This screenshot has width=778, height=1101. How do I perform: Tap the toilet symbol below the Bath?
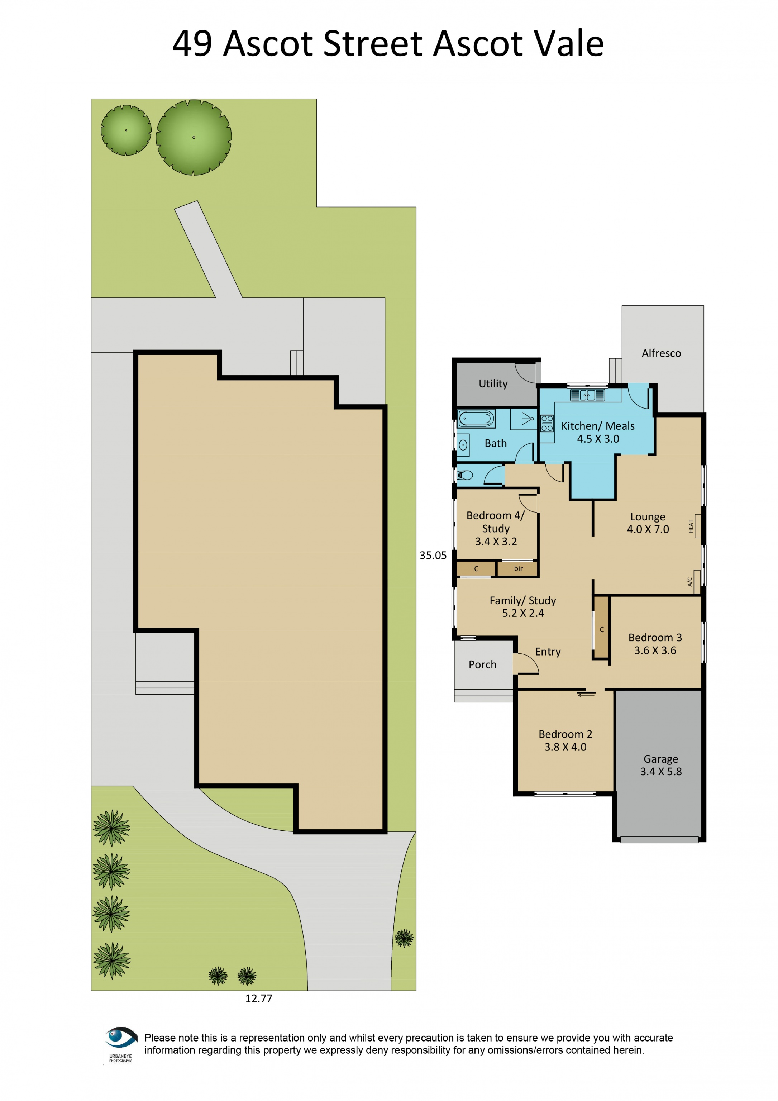tap(465, 475)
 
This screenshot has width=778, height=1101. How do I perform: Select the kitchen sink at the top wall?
tap(587, 395)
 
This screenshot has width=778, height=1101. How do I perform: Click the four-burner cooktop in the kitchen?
tap(547, 423)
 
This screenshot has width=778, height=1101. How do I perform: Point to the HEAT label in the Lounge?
tap(691, 526)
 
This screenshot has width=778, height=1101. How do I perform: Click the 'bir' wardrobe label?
tap(518, 568)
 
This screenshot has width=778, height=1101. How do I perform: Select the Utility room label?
tap(493, 383)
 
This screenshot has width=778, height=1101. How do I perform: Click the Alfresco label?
tap(661, 353)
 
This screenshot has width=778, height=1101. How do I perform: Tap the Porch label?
tap(482, 664)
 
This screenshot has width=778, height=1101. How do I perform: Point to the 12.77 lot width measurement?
tap(258, 998)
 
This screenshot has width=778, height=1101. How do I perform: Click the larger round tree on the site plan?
tap(194, 137)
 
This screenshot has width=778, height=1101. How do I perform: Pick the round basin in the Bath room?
tap(463, 445)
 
